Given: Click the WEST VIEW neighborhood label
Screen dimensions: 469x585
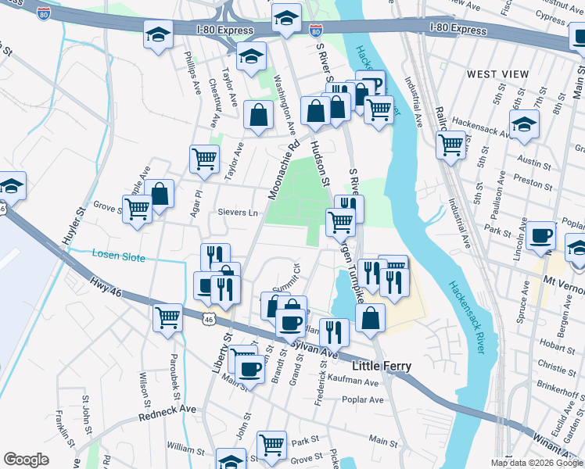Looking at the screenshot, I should pos(497,73).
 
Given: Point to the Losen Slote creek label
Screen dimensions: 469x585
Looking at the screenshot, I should pos(118,254).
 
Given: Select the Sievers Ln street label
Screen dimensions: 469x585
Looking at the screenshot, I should pos(238,213).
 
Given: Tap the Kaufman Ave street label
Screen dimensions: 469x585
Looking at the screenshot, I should pos(358,382).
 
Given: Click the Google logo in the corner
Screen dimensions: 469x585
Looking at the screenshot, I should pos(27,460).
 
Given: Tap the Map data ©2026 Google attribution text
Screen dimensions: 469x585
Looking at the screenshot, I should pos(537,463).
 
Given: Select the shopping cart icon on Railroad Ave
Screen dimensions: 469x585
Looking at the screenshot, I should pos(450,144).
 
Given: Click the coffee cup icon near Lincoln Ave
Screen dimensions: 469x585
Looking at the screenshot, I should pos(540,234).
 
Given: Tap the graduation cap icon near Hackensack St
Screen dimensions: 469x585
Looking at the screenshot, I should pos(523,124).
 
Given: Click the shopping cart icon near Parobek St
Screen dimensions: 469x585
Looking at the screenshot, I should pos(167,317).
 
